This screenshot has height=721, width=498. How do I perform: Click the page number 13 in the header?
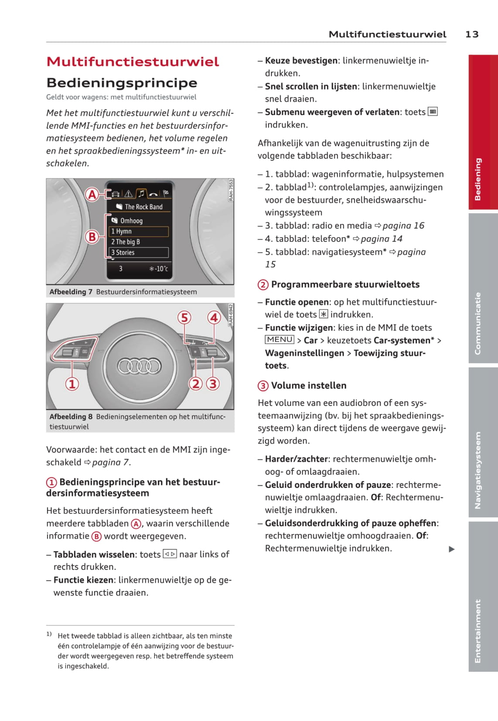(472, 34)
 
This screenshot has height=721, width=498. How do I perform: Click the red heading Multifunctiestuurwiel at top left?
(133, 61)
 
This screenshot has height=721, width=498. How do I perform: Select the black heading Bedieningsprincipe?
(122, 82)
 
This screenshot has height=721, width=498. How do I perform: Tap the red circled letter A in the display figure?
(92, 194)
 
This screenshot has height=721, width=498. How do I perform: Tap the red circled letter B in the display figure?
(92, 237)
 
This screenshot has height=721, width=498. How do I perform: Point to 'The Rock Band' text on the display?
(143, 207)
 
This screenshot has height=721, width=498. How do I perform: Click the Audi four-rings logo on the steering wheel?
(140, 366)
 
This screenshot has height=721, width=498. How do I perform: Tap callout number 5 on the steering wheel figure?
(184, 317)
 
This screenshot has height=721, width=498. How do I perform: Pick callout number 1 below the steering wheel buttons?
(72, 384)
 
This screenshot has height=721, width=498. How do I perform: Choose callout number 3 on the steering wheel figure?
(213, 384)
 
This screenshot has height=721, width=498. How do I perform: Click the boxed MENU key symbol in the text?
(280, 340)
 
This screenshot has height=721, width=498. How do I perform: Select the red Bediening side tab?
(478, 179)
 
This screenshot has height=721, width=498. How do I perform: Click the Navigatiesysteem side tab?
(478, 470)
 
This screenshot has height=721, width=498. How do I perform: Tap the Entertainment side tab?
(478, 631)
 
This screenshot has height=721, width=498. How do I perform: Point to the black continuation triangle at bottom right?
(452, 549)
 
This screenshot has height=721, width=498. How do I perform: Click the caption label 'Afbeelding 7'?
(71, 292)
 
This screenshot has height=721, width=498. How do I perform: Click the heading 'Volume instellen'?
(308, 385)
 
